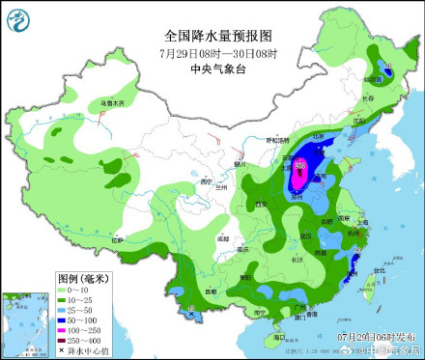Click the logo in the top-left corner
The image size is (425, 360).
(x=19, y=19)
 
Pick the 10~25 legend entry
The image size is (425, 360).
(x=73, y=298)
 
